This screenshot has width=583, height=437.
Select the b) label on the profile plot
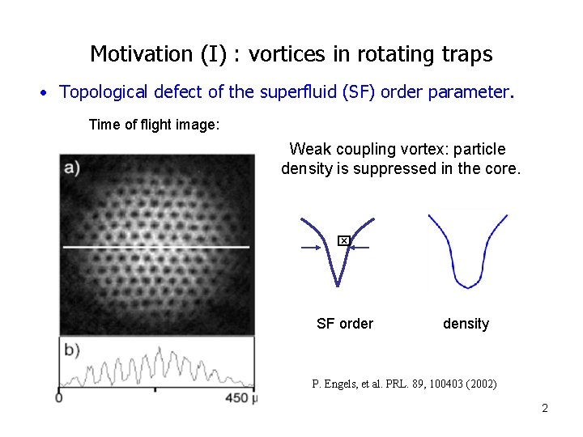pos(71,350)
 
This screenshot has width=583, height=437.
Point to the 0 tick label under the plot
pos(59,397)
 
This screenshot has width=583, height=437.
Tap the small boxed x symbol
pos(343,240)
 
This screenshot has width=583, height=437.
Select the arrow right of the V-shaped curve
pos(360,248)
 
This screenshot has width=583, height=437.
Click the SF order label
pos(345,324)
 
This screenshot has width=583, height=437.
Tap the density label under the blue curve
pos(466,324)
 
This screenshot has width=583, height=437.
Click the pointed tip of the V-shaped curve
pos(337,284)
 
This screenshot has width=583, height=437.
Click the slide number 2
pos(545,408)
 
